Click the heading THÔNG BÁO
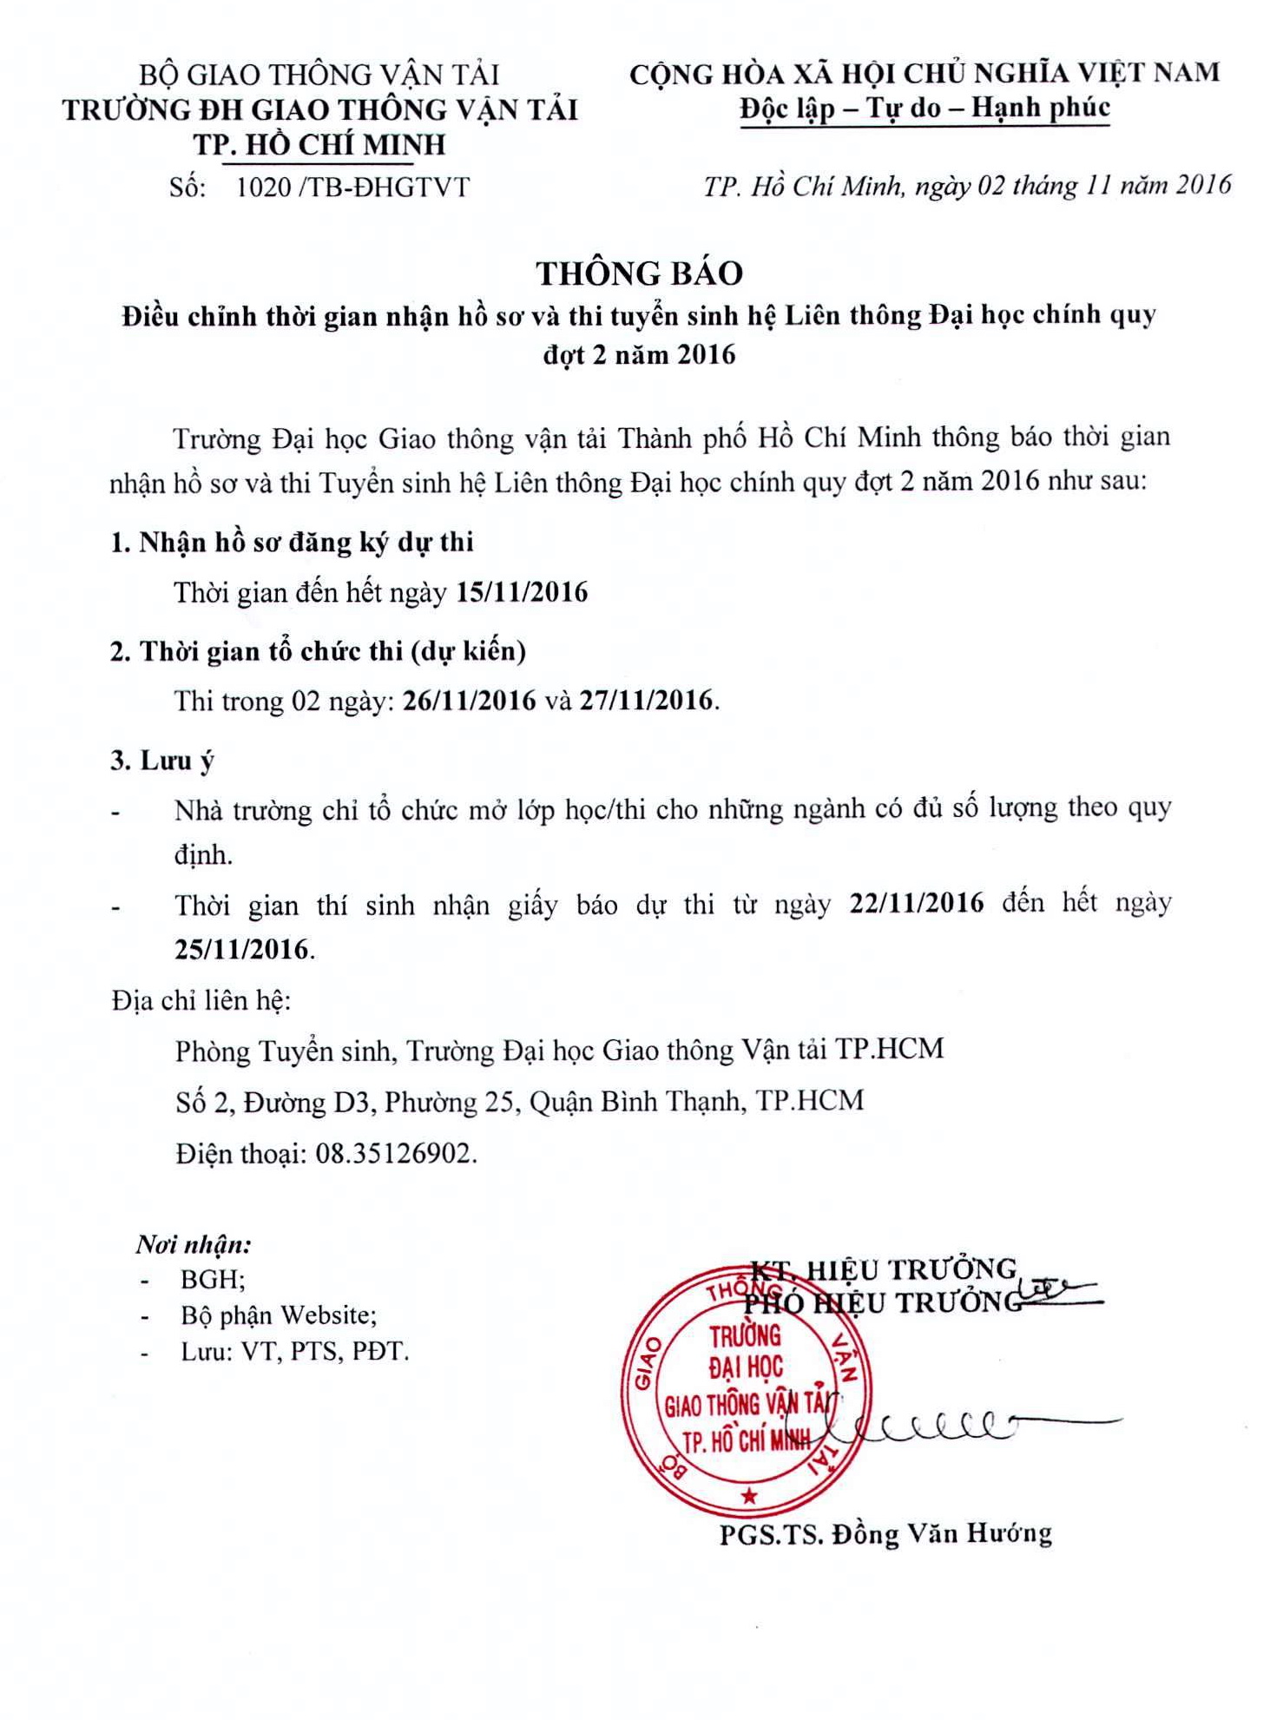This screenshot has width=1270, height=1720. pyautogui.click(x=639, y=273)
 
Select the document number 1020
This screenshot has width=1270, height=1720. pyautogui.click(x=264, y=188)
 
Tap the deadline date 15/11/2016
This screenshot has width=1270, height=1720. pyautogui.click(x=522, y=592)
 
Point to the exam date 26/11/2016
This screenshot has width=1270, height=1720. pyautogui.click(x=470, y=701)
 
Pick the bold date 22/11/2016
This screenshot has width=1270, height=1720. pyautogui.click(x=917, y=903)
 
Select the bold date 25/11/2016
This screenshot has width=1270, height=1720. pyautogui.click(x=241, y=949)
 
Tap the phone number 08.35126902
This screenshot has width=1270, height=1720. pyautogui.click(x=395, y=1154)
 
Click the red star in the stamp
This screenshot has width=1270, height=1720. pyautogui.click(x=749, y=1496)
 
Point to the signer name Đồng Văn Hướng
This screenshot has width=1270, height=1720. pyautogui.click(x=942, y=1534)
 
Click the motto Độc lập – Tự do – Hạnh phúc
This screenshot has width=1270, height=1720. pyautogui.click(x=925, y=109)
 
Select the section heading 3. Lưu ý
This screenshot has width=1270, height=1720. pyautogui.click(x=161, y=761)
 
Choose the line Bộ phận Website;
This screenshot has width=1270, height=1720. pyautogui.click(x=278, y=1315)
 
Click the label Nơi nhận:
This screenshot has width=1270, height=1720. pyautogui.click(x=194, y=1244)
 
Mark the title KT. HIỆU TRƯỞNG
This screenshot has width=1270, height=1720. pyautogui.click(x=884, y=1269)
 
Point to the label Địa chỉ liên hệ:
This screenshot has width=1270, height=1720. pyautogui.click(x=201, y=1000)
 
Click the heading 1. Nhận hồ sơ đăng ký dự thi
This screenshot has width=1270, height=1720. pyautogui.click(x=292, y=543)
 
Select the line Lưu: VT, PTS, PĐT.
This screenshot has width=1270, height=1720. pyautogui.click(x=294, y=1352)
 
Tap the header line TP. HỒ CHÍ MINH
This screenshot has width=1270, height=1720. pyautogui.click(x=319, y=144)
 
